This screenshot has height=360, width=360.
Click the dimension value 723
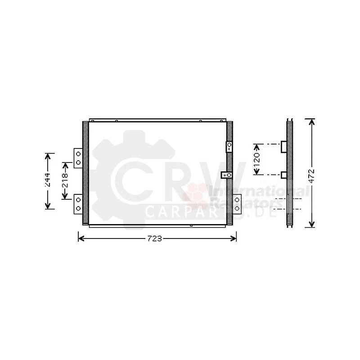(154, 238)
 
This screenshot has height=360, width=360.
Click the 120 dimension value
(257, 160)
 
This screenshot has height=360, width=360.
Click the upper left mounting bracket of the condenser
(78, 157)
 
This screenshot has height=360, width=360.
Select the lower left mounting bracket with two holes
(78, 203)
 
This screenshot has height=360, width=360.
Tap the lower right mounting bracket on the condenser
(237, 203)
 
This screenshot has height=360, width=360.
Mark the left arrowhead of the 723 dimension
(80, 238)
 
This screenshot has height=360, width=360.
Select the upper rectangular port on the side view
(283, 147)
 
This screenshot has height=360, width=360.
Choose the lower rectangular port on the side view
(283, 175)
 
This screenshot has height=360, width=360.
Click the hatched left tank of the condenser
(85, 173)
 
